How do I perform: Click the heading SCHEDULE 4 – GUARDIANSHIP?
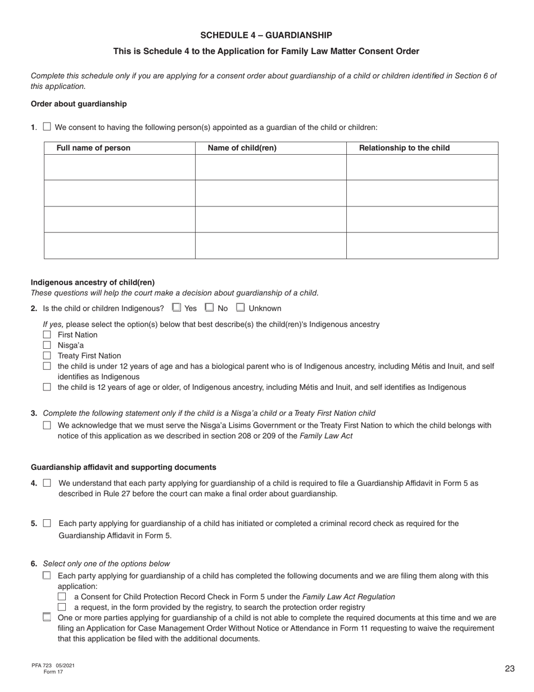[x=266, y=35]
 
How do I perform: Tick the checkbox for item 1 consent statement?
[x=47, y=127]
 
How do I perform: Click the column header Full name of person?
[x=93, y=148]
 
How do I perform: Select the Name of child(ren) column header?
[x=242, y=148]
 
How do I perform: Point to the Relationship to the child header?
[x=404, y=148]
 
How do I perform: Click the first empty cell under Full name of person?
[x=119, y=167]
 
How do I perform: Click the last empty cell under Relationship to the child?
[x=422, y=245]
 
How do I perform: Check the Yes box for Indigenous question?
[x=177, y=308]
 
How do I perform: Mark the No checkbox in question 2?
[x=210, y=308]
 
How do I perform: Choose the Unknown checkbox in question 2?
[x=241, y=308]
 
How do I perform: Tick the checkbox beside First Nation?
[x=47, y=335]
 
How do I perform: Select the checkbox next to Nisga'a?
[x=47, y=345]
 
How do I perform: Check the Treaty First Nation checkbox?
[x=47, y=356]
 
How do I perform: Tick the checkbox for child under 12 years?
[x=47, y=366]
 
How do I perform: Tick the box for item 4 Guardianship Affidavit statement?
[x=47, y=483]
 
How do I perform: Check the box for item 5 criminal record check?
[x=47, y=523]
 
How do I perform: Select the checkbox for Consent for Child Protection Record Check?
[x=62, y=596]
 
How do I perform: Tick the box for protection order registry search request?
[x=62, y=607]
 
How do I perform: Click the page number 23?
[x=509, y=668]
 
